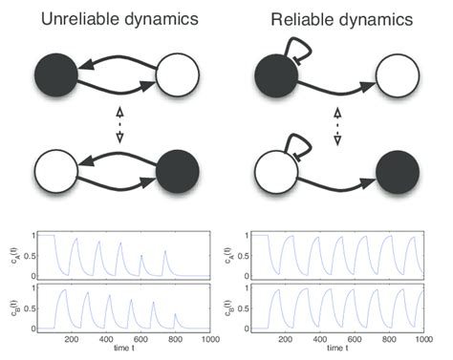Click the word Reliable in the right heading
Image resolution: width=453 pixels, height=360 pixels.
(304, 18)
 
